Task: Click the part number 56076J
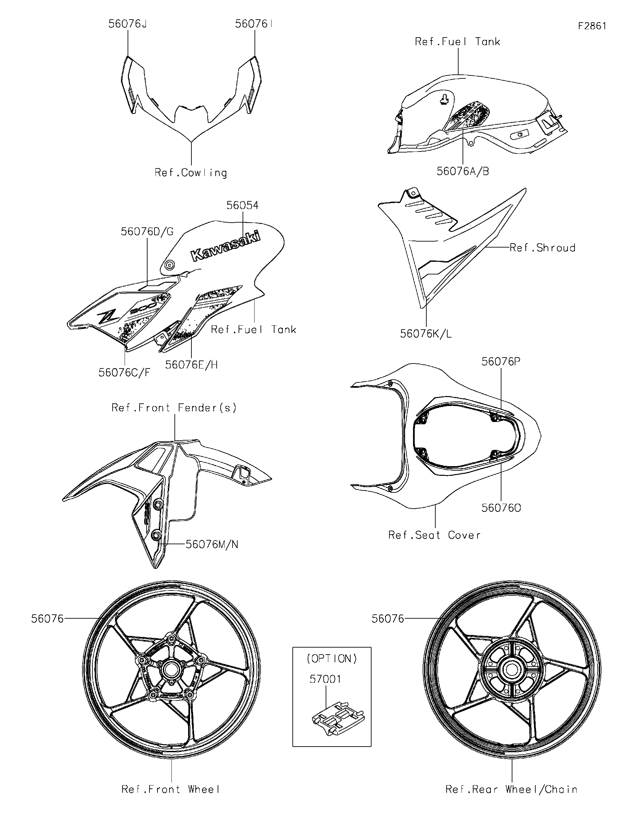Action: (x=127, y=24)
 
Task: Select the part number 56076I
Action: (x=254, y=24)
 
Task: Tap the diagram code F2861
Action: (x=592, y=26)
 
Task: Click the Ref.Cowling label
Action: (x=191, y=173)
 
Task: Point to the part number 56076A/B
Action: (x=463, y=171)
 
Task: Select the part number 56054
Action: (x=242, y=205)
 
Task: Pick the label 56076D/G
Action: (x=147, y=232)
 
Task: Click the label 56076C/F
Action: (x=124, y=373)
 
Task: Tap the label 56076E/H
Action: (x=191, y=365)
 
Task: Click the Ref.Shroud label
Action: (x=542, y=248)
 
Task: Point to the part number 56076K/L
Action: (x=426, y=334)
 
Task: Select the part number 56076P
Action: (x=501, y=362)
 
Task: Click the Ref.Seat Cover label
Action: (x=434, y=535)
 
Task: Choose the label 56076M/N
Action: (x=212, y=545)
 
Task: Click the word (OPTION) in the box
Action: (x=332, y=659)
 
